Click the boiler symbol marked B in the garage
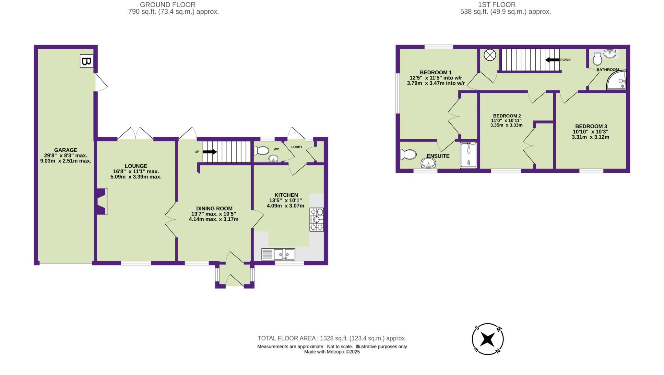86,61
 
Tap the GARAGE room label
65,150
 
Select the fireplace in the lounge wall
102,201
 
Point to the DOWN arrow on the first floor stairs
552,60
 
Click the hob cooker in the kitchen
316,219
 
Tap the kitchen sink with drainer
278,254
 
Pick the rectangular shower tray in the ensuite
468,156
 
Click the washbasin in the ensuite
429,163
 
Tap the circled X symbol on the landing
490,55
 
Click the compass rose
488,339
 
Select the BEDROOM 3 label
591,126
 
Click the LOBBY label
297,147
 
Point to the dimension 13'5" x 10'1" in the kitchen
285,200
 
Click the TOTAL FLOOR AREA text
332,338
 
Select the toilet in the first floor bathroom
597,59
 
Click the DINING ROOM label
214,208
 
